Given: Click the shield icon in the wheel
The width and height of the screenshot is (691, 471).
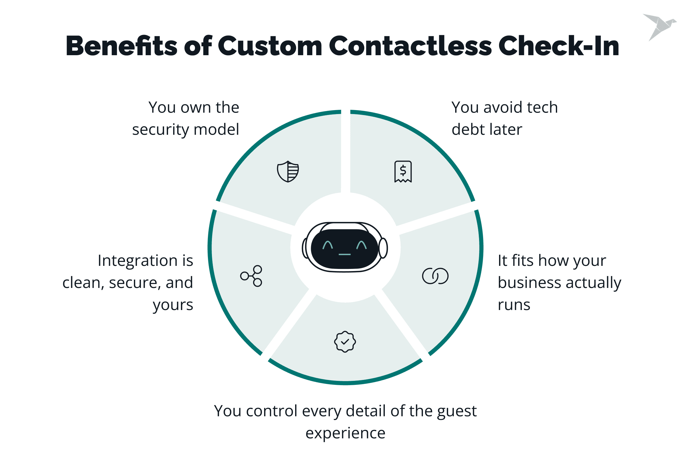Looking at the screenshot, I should point(288,171).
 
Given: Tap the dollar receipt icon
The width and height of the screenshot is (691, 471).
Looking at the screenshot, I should point(403,171).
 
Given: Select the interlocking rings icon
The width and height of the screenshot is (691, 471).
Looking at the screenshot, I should point(435,276).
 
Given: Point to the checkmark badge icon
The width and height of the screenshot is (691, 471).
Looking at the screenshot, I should point(345,342).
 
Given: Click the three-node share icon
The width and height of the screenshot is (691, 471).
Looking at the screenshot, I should point(252,276).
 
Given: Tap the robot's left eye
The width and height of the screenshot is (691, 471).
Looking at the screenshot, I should point(328,245).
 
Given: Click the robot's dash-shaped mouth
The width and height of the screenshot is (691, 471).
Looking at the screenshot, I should point(345,254).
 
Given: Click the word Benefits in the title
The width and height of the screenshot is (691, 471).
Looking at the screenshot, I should point(122,46).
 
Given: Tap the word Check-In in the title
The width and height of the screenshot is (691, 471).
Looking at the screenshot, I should point(559,46).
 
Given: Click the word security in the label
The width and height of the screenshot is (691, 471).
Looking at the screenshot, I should point(160,130).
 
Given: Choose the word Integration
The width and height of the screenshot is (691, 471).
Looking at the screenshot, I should point(138,261).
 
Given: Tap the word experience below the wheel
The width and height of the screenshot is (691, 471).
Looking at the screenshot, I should point(345,433).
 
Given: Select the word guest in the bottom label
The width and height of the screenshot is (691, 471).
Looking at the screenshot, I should point(457,411).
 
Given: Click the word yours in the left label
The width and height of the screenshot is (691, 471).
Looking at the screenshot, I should point(173,305).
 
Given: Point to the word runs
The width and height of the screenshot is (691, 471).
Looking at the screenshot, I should point(514,305).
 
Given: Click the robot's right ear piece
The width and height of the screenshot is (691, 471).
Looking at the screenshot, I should point(383,248).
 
